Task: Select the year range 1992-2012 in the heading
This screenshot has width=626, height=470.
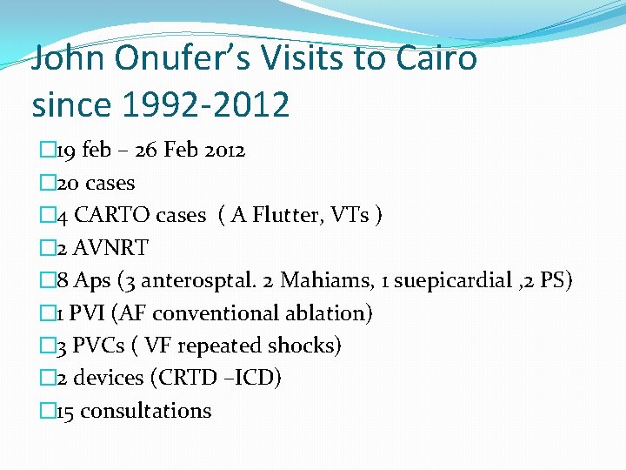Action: coord(206,104)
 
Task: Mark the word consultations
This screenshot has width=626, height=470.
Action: coord(146,411)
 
